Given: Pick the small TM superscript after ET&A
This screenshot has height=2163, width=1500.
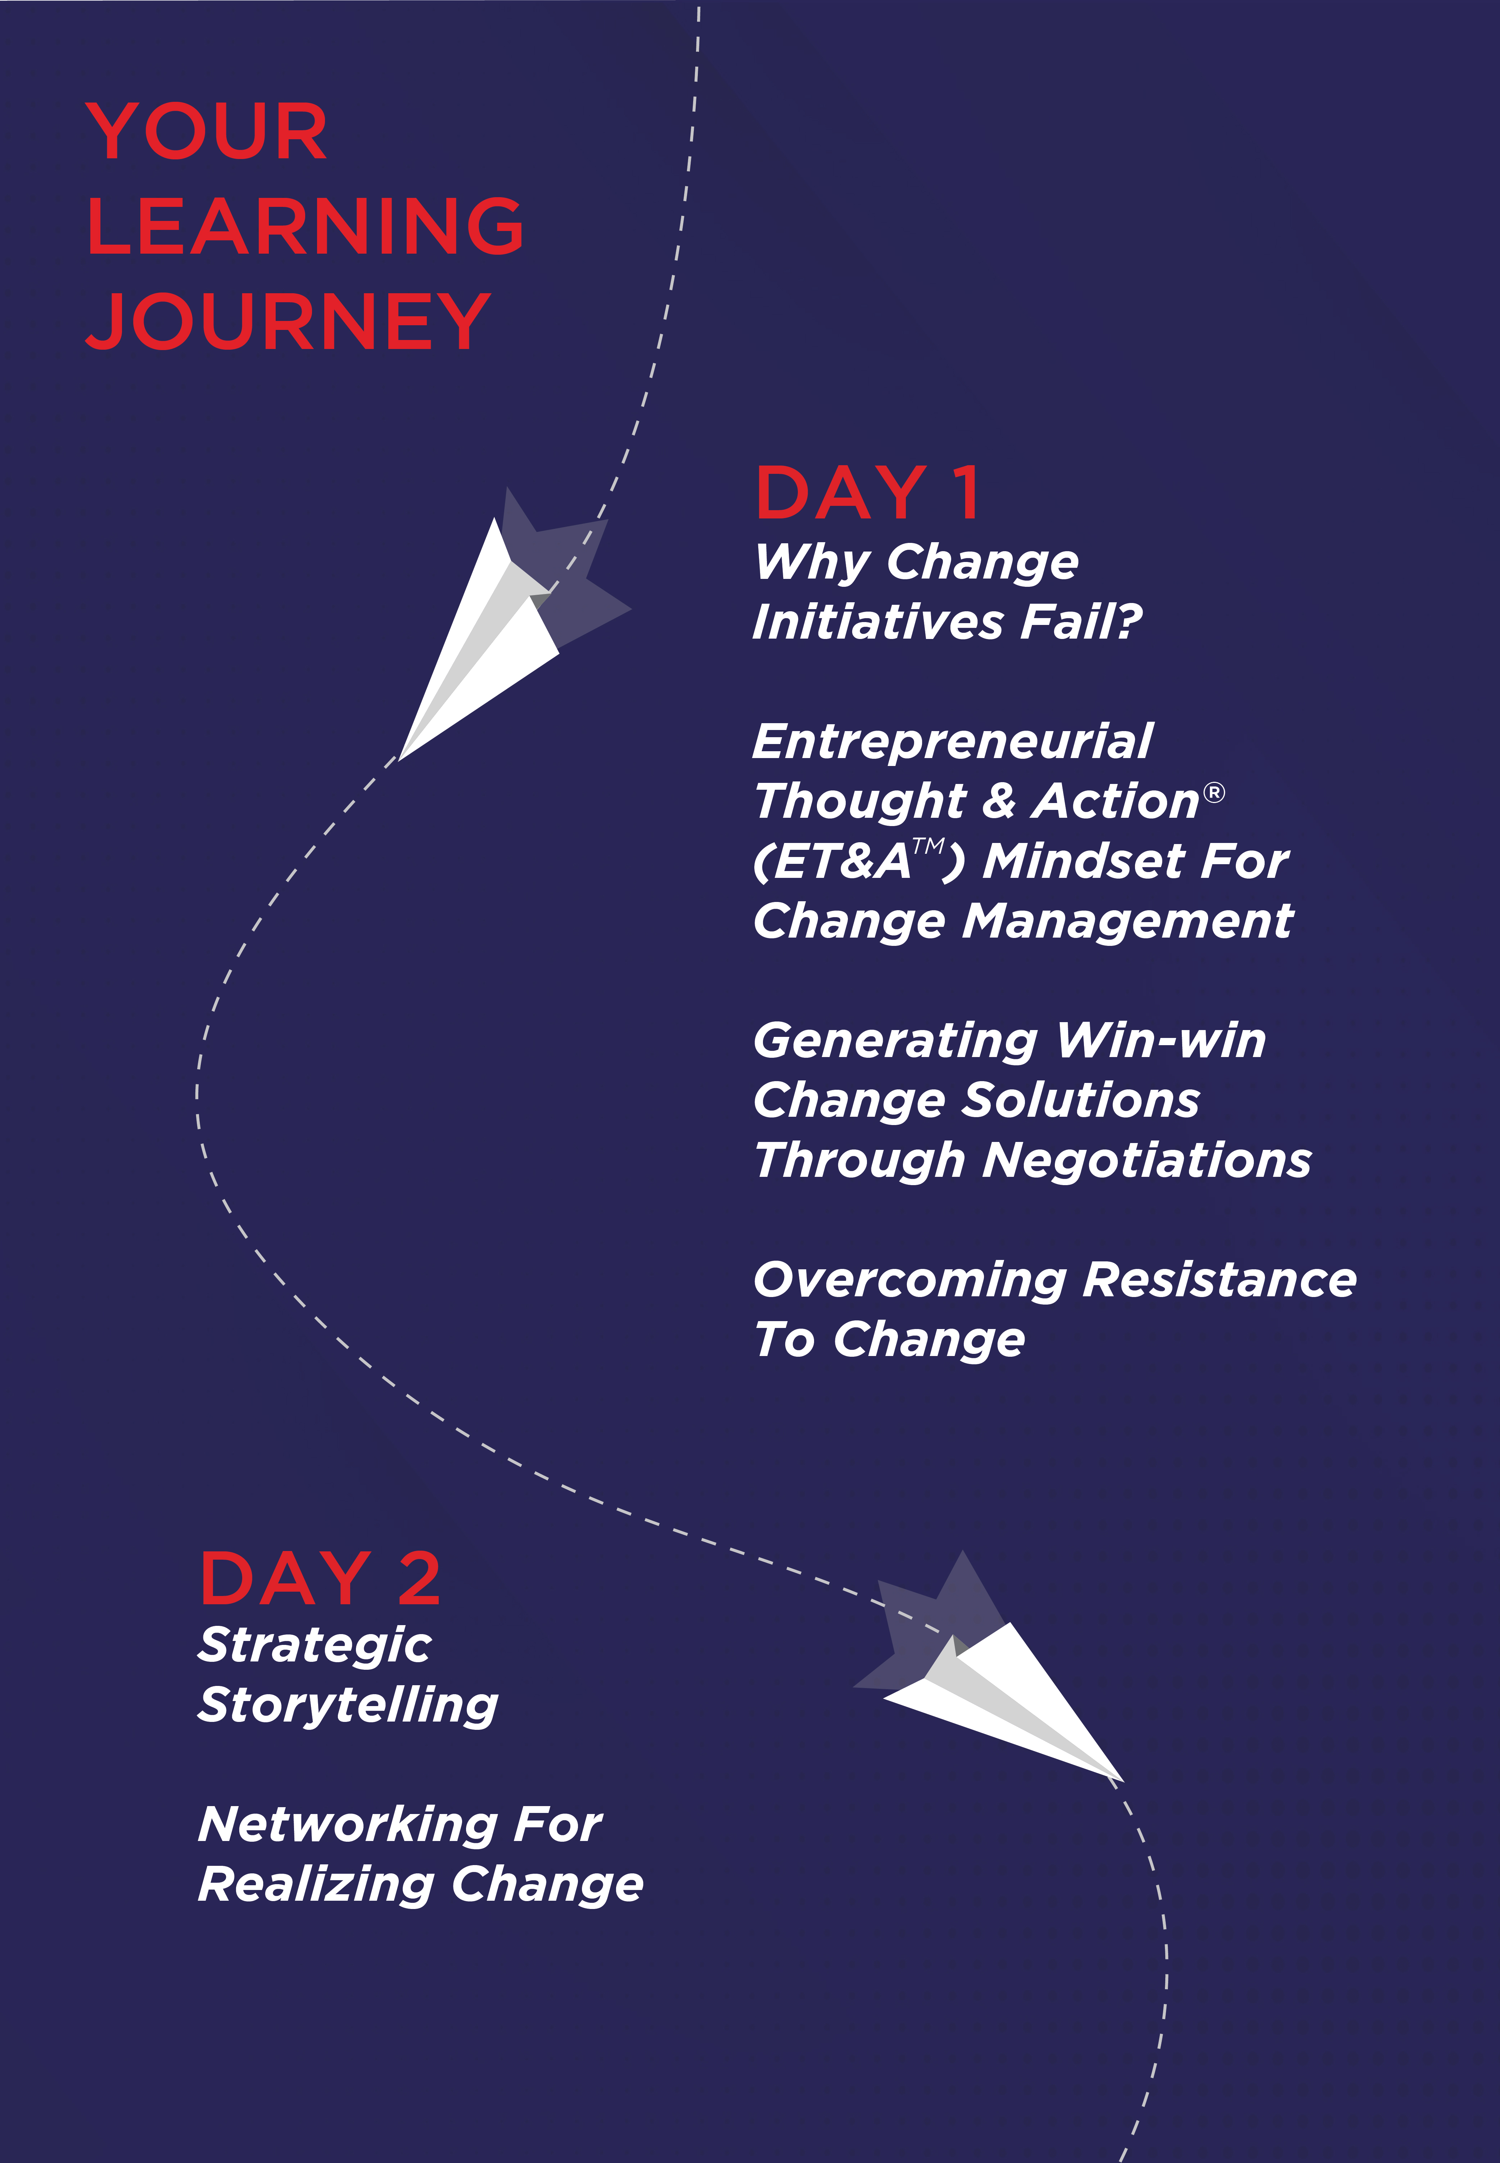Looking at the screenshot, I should (x=929, y=845).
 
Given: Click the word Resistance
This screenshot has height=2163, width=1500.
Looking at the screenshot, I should (x=1220, y=1280).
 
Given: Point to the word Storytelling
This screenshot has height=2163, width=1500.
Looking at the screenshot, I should (x=348, y=1705).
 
